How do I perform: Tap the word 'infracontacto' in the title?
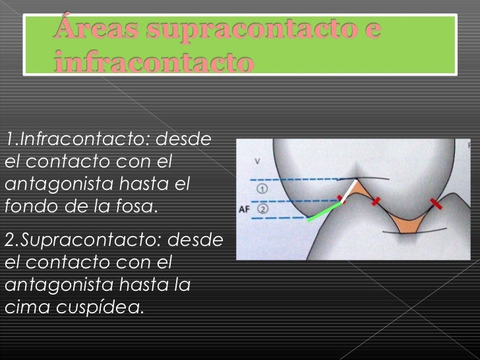point(154,64)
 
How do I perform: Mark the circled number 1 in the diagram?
point(261,189)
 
